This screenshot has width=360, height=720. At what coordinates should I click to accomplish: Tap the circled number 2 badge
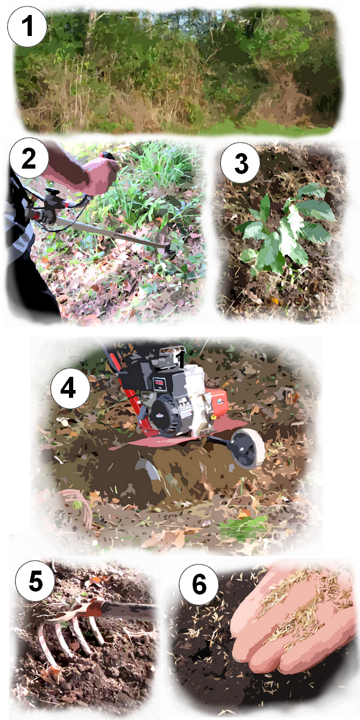[x=29, y=158]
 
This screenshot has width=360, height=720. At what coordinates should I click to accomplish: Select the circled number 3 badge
[x=241, y=163]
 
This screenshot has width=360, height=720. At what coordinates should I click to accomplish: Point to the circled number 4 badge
[x=70, y=388]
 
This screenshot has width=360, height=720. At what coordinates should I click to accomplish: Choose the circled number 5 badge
[x=35, y=581]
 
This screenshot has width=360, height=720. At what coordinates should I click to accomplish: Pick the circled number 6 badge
[x=199, y=584]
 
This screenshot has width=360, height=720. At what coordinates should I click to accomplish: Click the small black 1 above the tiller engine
[x=181, y=359]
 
